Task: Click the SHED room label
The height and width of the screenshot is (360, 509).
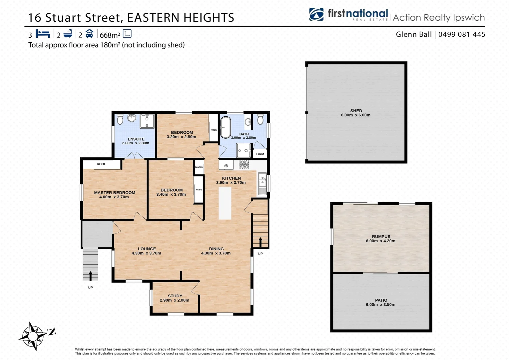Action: (356, 111)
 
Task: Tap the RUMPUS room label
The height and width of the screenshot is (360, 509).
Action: (381, 237)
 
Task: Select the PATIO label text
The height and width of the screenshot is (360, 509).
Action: (381, 300)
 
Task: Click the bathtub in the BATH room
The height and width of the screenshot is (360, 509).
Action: (226, 127)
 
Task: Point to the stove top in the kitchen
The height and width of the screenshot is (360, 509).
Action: (244, 164)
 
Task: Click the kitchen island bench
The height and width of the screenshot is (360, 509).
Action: (225, 203)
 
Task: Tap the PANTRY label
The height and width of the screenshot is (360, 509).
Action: (199, 167)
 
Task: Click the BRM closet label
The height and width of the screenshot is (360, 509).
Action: (260, 154)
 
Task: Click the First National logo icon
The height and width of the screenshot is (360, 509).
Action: (316, 14)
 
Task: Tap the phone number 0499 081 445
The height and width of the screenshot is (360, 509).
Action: (462, 34)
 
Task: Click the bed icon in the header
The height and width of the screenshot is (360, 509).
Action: (43, 34)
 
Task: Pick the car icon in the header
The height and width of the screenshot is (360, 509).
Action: (89, 34)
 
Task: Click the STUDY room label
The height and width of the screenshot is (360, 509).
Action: (175, 296)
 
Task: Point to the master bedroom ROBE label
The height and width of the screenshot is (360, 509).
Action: (101, 164)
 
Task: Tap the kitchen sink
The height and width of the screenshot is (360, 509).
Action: (262, 180)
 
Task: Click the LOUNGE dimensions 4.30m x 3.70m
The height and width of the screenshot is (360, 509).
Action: (146, 253)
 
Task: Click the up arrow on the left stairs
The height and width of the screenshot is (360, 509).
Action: (90, 275)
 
